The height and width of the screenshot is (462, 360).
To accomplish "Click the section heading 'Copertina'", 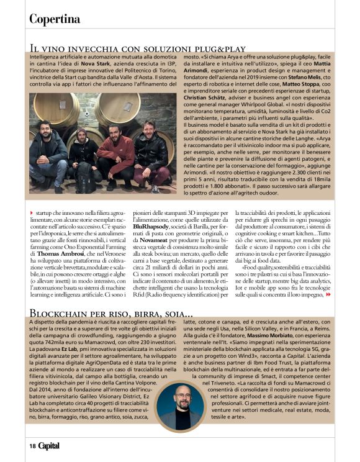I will pyautogui.click(x=55, y=19).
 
